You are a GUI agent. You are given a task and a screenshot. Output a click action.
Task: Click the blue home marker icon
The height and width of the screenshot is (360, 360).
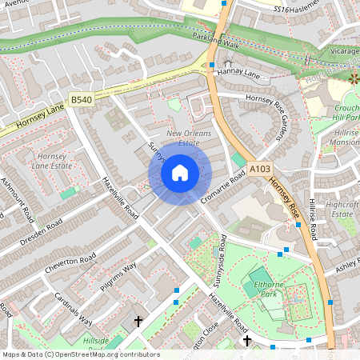(180, 172)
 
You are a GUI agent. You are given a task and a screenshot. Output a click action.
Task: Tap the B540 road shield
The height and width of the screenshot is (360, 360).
(81, 99)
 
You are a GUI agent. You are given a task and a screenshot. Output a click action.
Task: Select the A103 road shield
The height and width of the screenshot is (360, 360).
(259, 169)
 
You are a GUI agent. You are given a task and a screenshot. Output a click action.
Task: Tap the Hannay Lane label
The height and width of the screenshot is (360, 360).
(243, 74)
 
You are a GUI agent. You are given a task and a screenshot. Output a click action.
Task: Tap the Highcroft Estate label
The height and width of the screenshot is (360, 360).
(342, 209)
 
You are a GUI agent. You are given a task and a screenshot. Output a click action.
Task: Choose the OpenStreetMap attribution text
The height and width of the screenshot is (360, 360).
(80, 354)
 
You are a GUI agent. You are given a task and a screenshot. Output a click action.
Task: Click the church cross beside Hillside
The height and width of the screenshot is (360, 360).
(138, 322)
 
